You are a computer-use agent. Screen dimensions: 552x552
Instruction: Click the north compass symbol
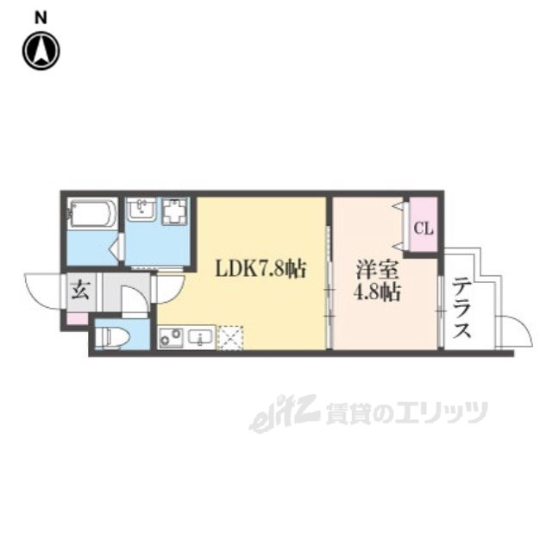click(x=41, y=51)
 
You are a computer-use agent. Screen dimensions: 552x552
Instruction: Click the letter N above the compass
click(x=41, y=16)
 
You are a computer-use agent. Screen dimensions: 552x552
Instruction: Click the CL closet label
click(x=423, y=229)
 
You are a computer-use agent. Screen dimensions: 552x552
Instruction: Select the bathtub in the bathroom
click(x=92, y=214)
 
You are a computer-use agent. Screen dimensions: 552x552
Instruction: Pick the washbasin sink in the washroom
click(x=141, y=210)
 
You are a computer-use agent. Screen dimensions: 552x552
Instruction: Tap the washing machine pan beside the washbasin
click(x=175, y=210)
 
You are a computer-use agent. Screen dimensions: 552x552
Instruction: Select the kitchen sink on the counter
click(x=201, y=336)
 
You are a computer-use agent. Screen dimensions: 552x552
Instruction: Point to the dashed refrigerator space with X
click(x=230, y=336)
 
